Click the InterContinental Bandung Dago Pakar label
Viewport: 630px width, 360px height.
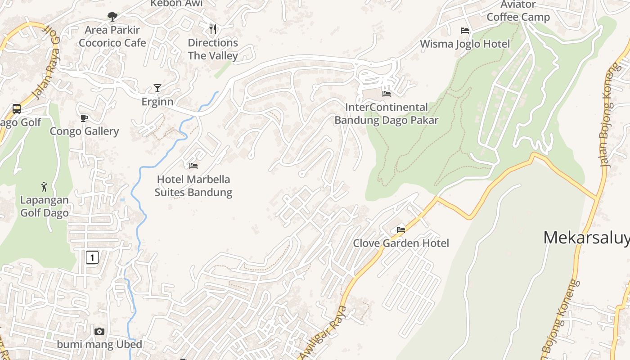tap(386, 114)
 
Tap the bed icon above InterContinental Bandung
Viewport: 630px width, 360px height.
tap(386, 94)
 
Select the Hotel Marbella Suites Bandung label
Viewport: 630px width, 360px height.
tap(193, 186)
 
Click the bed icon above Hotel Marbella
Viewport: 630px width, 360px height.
tap(193, 166)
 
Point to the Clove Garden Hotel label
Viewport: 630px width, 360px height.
tap(401, 243)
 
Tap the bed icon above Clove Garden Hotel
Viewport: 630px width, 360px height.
tap(401, 230)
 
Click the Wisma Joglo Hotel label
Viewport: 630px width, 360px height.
tap(465, 44)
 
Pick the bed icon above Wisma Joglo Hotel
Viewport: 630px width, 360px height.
tap(465, 31)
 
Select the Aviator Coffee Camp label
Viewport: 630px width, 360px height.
tap(518, 11)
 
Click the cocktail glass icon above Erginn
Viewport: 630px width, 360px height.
tap(157, 88)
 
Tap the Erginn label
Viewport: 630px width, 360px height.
tap(157, 102)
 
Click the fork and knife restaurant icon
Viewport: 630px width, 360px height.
tap(213, 29)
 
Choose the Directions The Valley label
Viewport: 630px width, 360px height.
tap(213, 49)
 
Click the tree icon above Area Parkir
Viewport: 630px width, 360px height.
tap(112, 17)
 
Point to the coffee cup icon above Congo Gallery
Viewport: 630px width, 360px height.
tap(84, 118)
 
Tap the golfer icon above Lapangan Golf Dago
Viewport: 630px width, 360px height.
tap(44, 186)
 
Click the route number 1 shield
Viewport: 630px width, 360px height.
tap(92, 257)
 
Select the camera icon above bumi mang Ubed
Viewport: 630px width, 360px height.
tap(99, 332)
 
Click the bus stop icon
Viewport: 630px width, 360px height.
tap(17, 108)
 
